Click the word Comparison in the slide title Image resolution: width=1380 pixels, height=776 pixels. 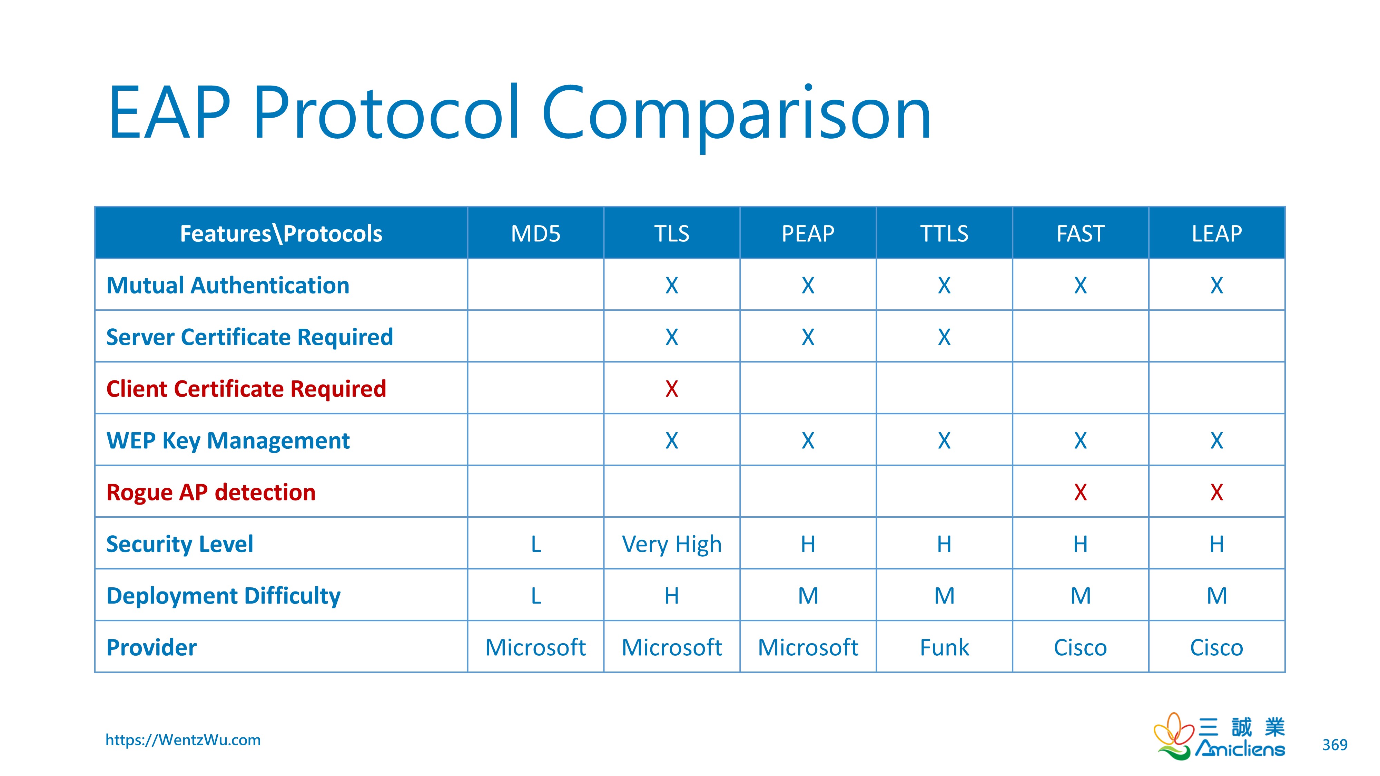pos(736,113)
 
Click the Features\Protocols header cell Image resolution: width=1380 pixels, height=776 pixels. pos(281,233)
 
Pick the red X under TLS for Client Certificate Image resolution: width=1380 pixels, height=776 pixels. pos(671,389)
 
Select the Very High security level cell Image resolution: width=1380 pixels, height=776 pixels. pos(671,544)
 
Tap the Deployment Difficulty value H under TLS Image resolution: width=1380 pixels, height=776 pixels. pos(671,596)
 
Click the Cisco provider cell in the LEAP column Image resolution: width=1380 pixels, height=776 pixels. pos(1216,647)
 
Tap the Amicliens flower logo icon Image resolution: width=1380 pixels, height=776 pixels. pos(1173,736)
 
